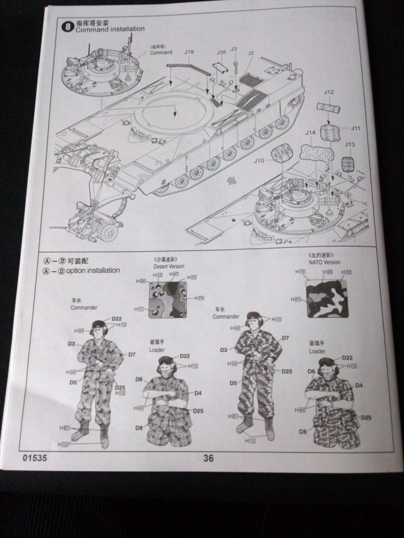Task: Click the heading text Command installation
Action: [x=110, y=30]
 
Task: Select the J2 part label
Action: [x=250, y=54]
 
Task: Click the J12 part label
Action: [x=328, y=93]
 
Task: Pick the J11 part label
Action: [x=355, y=128]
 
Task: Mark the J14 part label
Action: [x=310, y=132]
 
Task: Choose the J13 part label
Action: [x=349, y=144]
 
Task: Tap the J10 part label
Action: [x=259, y=160]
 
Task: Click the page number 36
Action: [x=209, y=459]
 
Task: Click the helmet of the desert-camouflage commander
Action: [x=100, y=327]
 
